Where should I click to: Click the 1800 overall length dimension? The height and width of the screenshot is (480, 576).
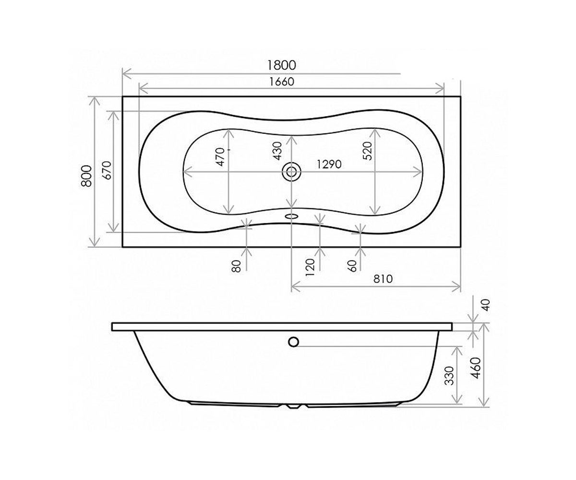(282, 65)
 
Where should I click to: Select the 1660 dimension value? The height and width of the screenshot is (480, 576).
(282, 82)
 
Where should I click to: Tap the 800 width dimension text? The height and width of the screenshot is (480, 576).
(87, 176)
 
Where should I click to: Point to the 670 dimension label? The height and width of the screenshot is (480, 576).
(108, 170)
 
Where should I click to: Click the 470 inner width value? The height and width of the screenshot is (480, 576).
(221, 156)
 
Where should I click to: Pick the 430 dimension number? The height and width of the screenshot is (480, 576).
(278, 151)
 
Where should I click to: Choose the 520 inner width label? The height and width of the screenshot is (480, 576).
(368, 151)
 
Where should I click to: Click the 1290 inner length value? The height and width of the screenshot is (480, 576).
(329, 165)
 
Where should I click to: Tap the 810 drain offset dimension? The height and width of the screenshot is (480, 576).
(383, 279)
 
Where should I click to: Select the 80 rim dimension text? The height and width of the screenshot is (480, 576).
(236, 266)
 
